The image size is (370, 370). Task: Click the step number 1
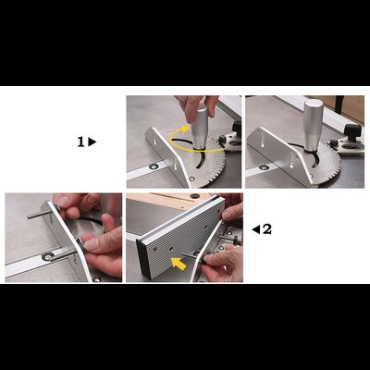[80, 142]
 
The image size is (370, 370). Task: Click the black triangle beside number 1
[92, 142]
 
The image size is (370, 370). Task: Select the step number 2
[267, 229]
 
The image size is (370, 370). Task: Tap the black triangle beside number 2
[256, 229]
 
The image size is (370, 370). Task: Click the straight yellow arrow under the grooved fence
[179, 264]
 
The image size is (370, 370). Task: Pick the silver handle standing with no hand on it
[312, 126]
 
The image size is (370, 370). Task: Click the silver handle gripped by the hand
[201, 128]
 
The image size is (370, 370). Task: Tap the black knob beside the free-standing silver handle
[351, 132]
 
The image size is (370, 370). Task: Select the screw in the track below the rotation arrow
[154, 166]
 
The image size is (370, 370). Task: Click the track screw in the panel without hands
[264, 167]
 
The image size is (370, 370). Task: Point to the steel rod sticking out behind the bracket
[37, 215]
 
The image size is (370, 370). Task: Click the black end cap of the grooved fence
[144, 260]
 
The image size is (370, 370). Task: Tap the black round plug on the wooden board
[194, 196]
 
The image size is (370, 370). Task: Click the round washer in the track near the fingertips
[48, 256]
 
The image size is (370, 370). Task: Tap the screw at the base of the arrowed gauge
[192, 179]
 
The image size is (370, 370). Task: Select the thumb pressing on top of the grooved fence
[232, 212]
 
